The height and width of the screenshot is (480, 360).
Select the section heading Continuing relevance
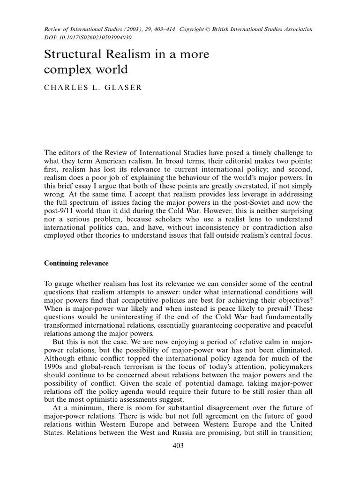(x=76, y=263)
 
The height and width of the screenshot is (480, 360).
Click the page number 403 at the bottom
(x=178, y=446)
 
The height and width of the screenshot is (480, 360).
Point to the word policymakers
(x=291, y=360)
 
